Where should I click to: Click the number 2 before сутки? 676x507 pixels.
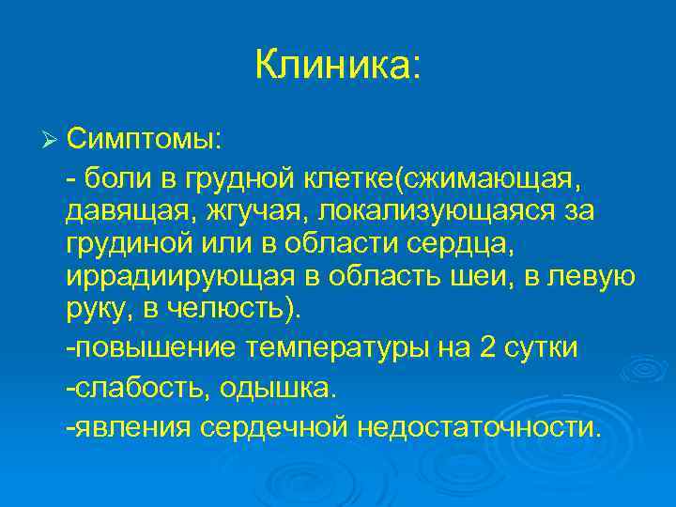click(x=488, y=348)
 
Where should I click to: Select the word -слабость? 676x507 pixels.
click(x=131, y=389)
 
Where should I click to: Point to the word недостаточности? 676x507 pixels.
click(x=477, y=428)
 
